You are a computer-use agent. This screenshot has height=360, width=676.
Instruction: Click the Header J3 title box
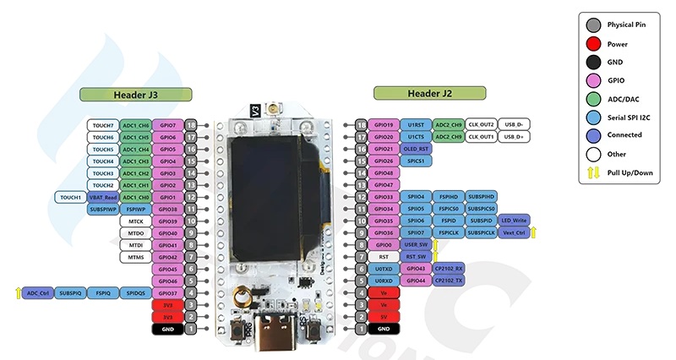[x=136, y=94]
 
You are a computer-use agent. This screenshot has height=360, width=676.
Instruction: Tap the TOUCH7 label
[x=103, y=125]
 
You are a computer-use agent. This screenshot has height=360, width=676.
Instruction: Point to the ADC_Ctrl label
[x=39, y=293]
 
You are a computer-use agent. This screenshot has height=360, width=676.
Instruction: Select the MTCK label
[x=135, y=221]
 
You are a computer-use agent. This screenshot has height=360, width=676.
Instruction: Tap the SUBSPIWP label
[x=103, y=209]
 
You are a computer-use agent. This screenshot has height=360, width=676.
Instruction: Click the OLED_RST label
[x=416, y=149]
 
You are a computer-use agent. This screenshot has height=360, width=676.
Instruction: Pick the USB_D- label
[x=514, y=124]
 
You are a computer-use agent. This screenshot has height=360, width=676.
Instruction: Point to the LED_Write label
[x=514, y=221]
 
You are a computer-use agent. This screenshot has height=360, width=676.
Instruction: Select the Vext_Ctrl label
[x=514, y=232]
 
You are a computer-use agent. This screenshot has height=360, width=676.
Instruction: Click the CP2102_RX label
[x=448, y=269]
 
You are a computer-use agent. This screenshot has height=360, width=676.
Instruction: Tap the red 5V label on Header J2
[x=384, y=317]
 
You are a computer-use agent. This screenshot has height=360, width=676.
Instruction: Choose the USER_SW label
[x=416, y=244]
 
